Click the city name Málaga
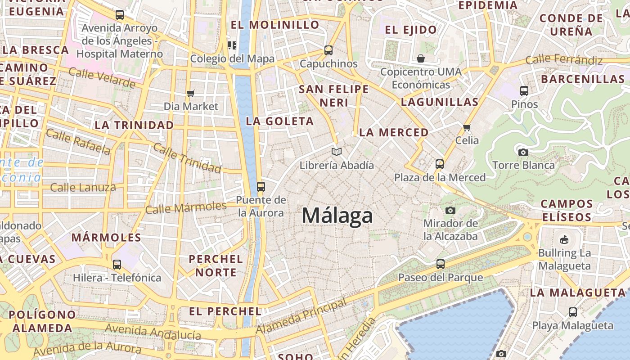click(337, 216)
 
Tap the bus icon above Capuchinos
click(328, 50)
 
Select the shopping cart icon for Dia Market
click(191, 93)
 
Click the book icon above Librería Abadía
click(337, 152)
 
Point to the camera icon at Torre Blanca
click(523, 152)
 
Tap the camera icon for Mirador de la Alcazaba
click(450, 210)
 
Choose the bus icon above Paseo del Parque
click(441, 264)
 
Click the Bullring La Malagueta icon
click(564, 239)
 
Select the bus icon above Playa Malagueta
click(572, 312)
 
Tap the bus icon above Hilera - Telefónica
click(117, 264)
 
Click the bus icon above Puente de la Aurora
click(261, 186)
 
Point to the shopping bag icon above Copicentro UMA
click(420, 58)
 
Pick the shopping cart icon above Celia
click(467, 127)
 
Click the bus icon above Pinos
click(524, 91)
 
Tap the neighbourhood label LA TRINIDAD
click(134, 125)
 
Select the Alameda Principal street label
click(301, 317)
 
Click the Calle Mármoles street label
click(186, 207)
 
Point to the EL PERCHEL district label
click(225, 311)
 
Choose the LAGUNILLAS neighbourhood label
click(440, 102)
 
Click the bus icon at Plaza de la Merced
click(440, 164)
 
